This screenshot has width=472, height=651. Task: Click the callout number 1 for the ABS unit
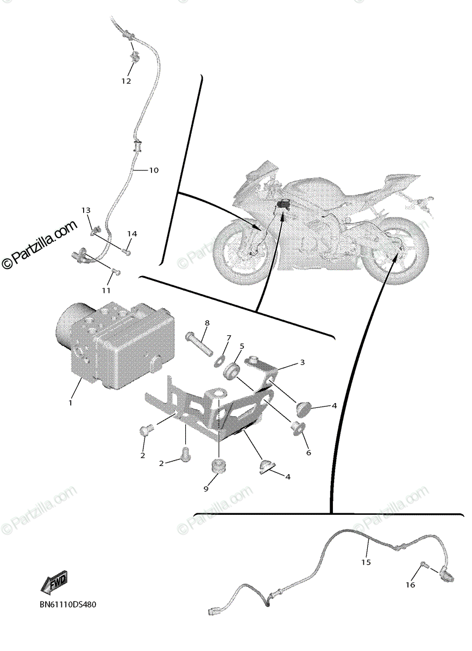(x=70, y=403)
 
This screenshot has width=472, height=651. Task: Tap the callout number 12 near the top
(x=126, y=81)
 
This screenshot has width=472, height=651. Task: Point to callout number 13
(x=86, y=210)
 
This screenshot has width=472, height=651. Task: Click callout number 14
(x=132, y=234)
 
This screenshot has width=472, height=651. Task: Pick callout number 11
(x=112, y=283)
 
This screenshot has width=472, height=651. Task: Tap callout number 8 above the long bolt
(x=207, y=323)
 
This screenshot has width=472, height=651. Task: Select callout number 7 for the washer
(x=228, y=338)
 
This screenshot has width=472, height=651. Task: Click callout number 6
(x=309, y=452)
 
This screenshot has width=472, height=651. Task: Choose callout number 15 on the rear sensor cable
(x=366, y=563)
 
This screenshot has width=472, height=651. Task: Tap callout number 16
(x=410, y=585)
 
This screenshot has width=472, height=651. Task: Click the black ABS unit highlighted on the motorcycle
(x=283, y=205)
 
